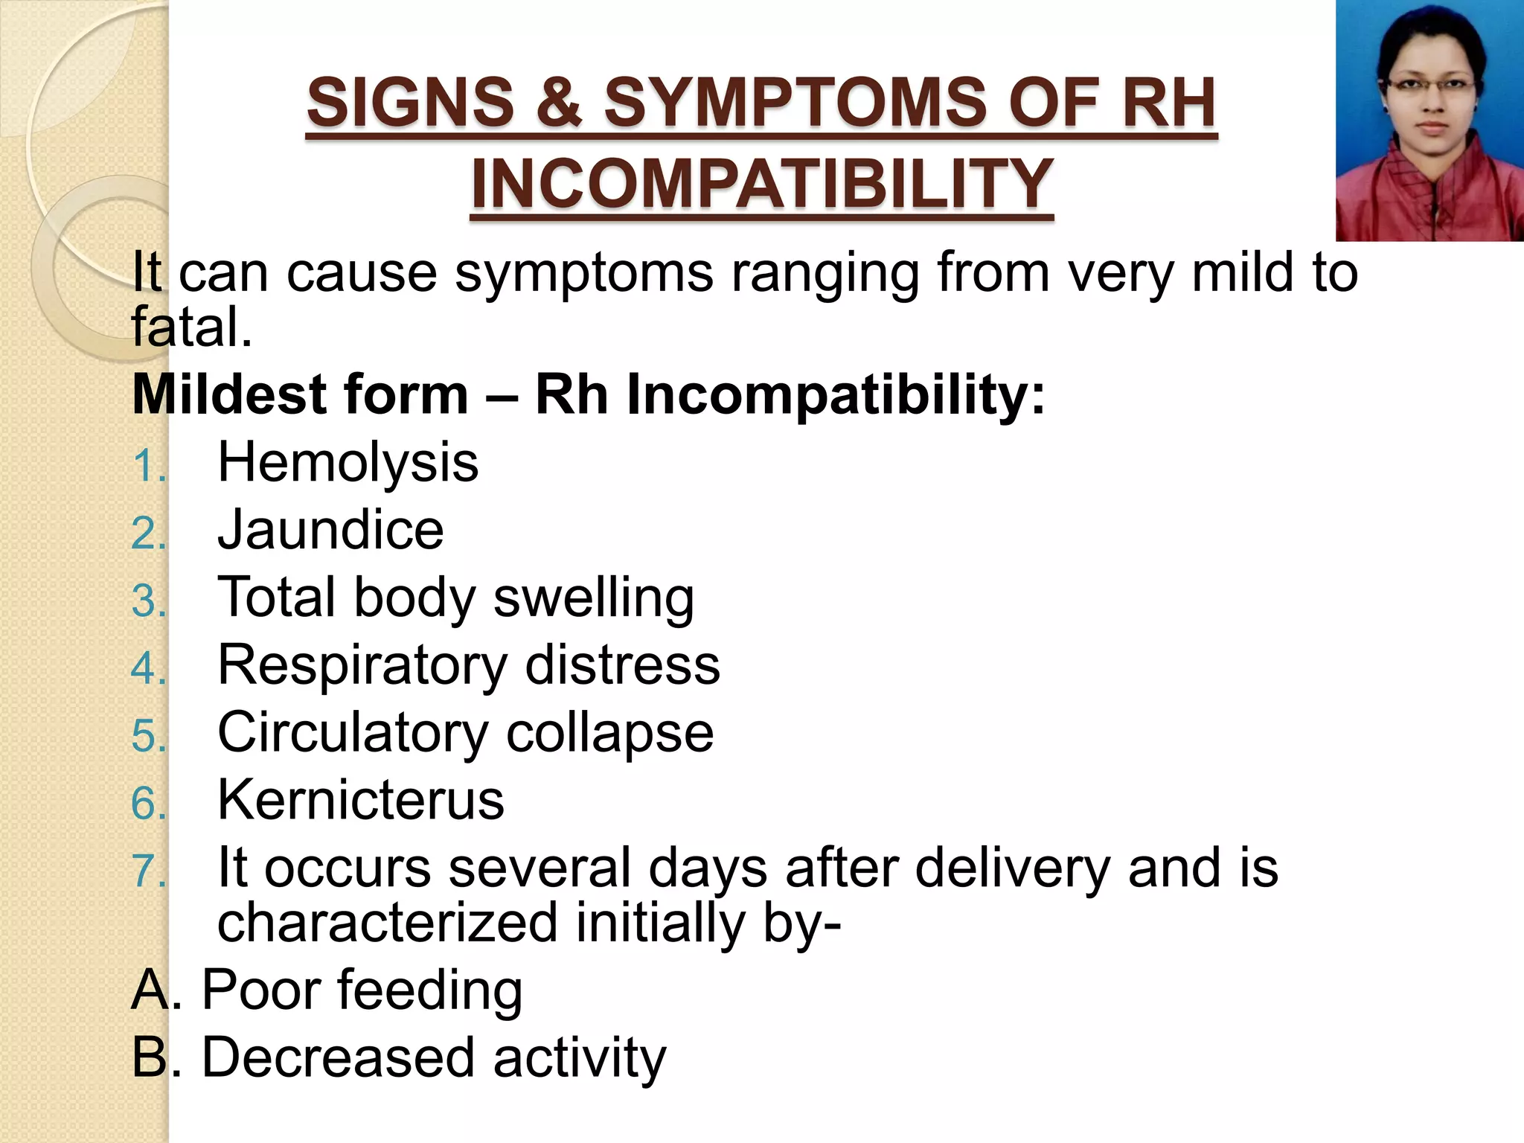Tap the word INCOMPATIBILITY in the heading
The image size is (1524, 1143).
[x=762, y=184]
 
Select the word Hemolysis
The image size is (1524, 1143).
[x=348, y=463]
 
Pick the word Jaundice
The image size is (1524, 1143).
[x=330, y=531]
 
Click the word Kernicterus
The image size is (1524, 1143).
[x=361, y=801]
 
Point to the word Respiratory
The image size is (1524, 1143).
[x=362, y=665]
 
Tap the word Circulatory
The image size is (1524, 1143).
[x=353, y=733]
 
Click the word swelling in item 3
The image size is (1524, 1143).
[x=593, y=598]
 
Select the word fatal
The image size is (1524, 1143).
[x=191, y=327]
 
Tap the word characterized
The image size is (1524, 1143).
[x=387, y=923]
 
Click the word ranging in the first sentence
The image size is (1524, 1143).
[x=825, y=273]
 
